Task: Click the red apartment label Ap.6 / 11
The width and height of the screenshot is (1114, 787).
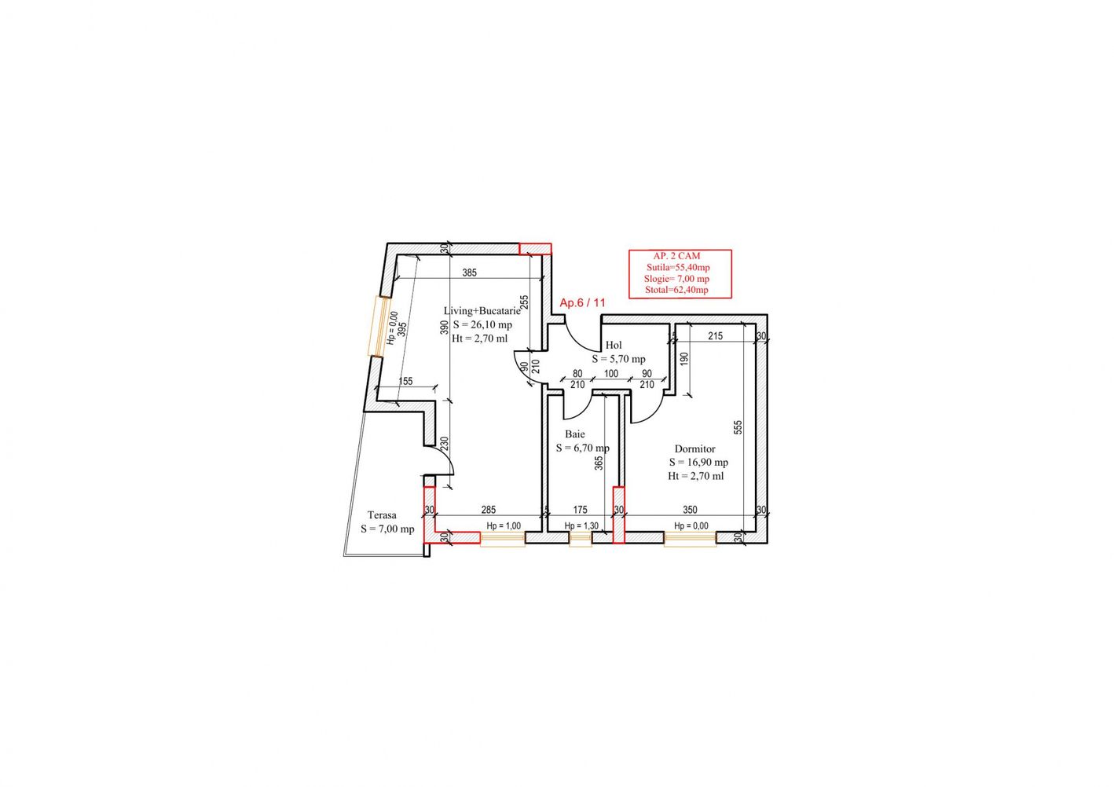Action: [582, 302]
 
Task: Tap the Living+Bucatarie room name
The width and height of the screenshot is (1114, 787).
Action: [482, 311]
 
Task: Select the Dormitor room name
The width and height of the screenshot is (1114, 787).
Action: [694, 449]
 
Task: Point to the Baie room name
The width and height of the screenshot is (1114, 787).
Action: [575, 434]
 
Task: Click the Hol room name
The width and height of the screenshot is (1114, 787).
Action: [614, 345]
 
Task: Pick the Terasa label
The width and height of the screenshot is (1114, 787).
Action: [382, 515]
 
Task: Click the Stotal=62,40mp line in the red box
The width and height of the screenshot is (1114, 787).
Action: [676, 290]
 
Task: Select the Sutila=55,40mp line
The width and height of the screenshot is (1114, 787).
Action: [678, 268]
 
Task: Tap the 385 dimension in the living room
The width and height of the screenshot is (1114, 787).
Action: [470, 273]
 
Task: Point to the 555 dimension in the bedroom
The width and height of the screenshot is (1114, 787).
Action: [738, 427]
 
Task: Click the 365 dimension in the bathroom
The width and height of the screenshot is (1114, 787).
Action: [599, 463]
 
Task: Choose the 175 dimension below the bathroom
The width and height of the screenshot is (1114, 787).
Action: [580, 510]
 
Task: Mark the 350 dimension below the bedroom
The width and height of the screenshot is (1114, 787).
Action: [690, 510]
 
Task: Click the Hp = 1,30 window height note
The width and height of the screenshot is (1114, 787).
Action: [581, 526]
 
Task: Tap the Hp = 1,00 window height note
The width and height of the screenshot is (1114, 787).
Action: [504, 526]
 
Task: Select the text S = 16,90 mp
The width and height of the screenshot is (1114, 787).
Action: [698, 463]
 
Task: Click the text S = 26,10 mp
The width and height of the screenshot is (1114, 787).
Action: [482, 325]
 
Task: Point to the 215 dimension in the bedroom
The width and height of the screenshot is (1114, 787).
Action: [715, 336]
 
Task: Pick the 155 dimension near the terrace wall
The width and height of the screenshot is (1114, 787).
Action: [406, 381]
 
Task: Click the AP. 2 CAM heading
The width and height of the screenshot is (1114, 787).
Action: [677, 256]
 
